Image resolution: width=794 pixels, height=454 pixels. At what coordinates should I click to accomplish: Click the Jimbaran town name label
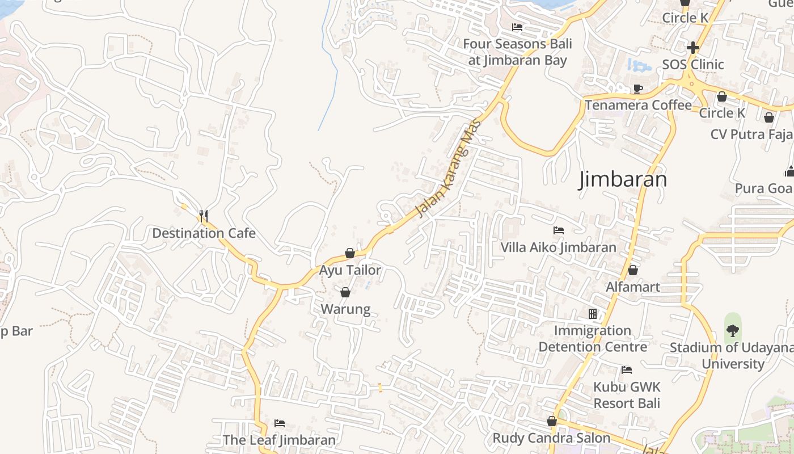(622, 179)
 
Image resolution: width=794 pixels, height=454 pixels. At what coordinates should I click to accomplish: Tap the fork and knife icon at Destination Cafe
(203, 216)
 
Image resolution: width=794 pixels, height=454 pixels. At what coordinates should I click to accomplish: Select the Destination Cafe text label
(204, 233)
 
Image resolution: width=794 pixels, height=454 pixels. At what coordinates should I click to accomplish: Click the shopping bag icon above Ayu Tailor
(350, 253)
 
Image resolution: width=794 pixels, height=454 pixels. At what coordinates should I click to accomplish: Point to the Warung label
(345, 309)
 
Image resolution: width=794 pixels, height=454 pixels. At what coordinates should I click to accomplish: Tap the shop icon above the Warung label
(345, 292)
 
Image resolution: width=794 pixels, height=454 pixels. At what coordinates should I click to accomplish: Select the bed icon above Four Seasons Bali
(517, 27)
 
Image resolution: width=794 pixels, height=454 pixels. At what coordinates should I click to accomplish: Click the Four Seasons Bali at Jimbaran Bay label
(517, 52)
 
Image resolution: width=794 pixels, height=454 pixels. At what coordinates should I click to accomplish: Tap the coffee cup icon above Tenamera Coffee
(638, 89)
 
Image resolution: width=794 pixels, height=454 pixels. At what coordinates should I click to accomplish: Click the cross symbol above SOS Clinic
(692, 48)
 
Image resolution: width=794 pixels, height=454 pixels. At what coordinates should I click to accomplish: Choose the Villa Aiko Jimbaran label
(558, 247)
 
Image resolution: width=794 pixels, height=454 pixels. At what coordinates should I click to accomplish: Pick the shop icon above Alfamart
(633, 270)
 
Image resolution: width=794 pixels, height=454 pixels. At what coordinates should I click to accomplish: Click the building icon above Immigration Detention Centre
(593, 314)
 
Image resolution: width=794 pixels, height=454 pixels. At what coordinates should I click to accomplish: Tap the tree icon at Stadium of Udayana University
(733, 330)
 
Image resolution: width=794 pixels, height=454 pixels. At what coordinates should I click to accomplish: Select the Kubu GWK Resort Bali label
(627, 395)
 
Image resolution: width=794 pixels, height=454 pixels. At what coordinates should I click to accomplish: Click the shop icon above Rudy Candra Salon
(551, 421)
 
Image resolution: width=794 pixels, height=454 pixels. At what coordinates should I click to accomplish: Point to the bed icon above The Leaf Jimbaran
(279, 423)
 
